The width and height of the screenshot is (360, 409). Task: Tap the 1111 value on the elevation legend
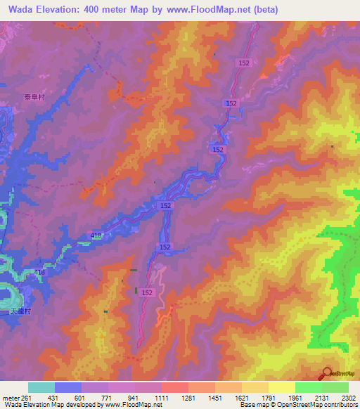click(162, 397)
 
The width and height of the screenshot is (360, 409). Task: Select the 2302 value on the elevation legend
click(348, 397)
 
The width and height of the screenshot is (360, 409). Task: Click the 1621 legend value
click(241, 397)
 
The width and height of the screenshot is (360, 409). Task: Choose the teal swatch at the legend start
click(41, 387)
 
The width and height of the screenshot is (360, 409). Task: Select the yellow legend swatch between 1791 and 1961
click(281, 387)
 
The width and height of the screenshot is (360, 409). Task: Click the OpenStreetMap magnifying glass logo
click(327, 373)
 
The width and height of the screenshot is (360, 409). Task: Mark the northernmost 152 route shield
click(244, 63)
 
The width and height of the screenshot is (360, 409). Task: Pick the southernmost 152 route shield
click(148, 292)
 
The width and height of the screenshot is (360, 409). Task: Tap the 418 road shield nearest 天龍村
click(40, 271)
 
